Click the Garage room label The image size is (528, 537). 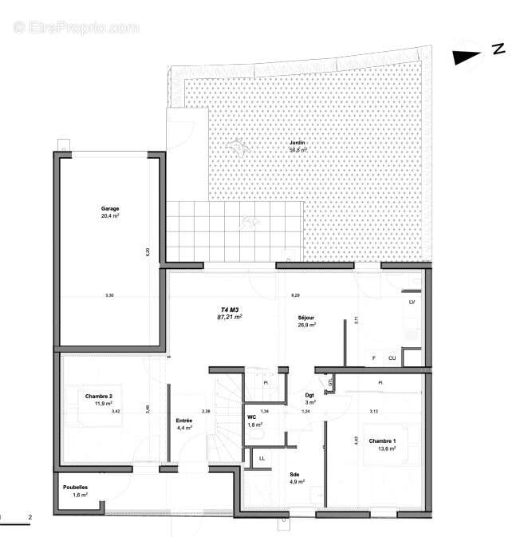click(x=110, y=209)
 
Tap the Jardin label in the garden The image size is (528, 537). click(x=297, y=143)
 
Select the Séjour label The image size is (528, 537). click(x=307, y=316)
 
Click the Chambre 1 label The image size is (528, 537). click(x=382, y=440)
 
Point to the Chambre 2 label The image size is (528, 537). click(x=99, y=396)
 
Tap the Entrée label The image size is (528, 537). click(x=184, y=421)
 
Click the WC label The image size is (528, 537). click(x=251, y=417)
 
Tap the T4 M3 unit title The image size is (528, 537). click(x=230, y=309)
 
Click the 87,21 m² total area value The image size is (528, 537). click(x=230, y=317)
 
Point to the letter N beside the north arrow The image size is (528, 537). click(x=498, y=49)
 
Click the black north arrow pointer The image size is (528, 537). click(x=467, y=56)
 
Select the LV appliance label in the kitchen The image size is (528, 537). click(x=412, y=302)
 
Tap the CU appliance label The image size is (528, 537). click(x=392, y=358)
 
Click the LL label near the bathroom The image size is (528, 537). click(x=262, y=458)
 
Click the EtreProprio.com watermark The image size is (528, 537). click(x=76, y=27)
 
